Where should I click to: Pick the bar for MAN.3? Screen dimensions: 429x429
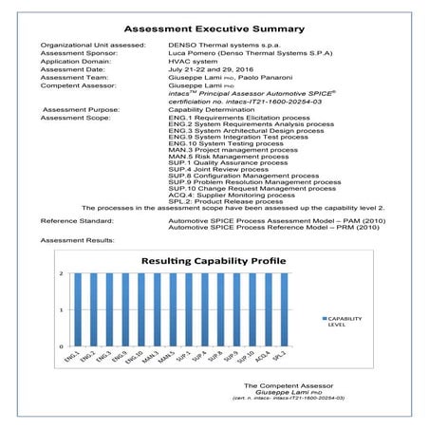147,309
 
